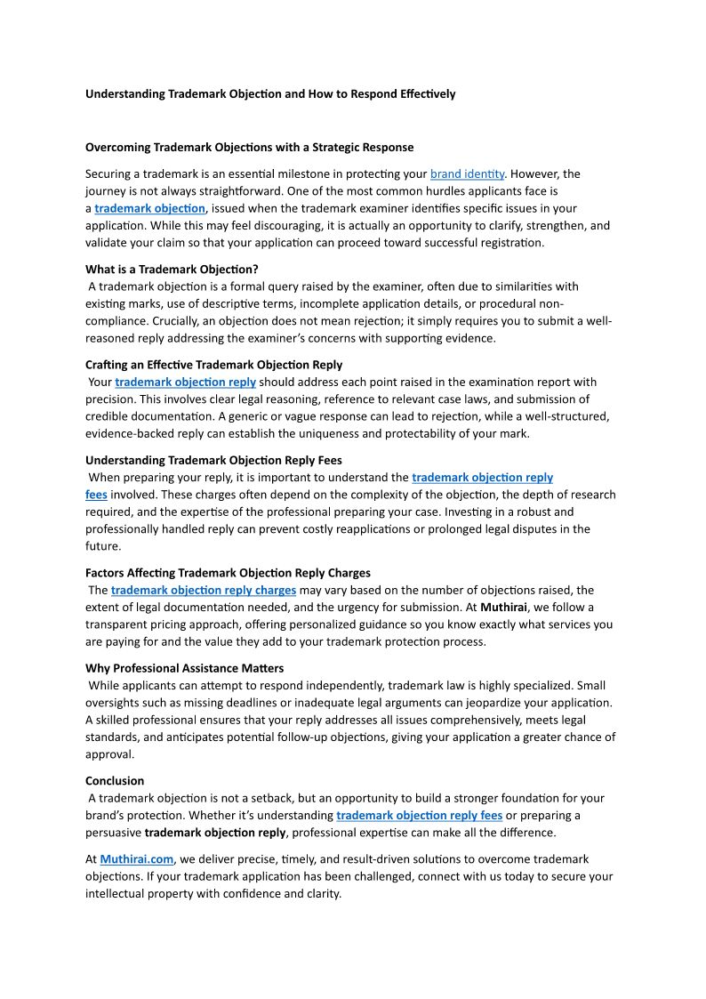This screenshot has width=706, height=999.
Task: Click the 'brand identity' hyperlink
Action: pos(467,174)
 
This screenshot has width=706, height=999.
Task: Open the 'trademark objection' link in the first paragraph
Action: pos(150,208)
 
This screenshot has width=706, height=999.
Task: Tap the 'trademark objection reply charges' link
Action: pos(204,590)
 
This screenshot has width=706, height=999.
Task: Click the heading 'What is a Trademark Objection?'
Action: pos(172,270)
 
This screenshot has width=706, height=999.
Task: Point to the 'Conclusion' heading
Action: pos(115,781)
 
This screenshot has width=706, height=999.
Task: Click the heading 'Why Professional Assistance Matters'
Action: pos(185,668)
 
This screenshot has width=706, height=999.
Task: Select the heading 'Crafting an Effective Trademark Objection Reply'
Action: pos(213,365)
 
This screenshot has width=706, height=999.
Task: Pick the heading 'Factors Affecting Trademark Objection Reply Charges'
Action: pos(228,573)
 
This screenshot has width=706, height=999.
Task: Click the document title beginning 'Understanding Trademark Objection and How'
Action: pos(270,93)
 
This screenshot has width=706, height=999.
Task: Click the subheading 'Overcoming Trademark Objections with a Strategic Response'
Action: pos(249,147)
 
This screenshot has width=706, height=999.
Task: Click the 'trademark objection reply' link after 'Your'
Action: pos(185,382)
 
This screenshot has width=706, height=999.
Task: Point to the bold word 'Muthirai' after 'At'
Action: pos(503,608)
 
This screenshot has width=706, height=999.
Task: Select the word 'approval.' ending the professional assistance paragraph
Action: pos(110,754)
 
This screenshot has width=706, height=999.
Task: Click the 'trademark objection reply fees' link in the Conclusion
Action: pos(419,816)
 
